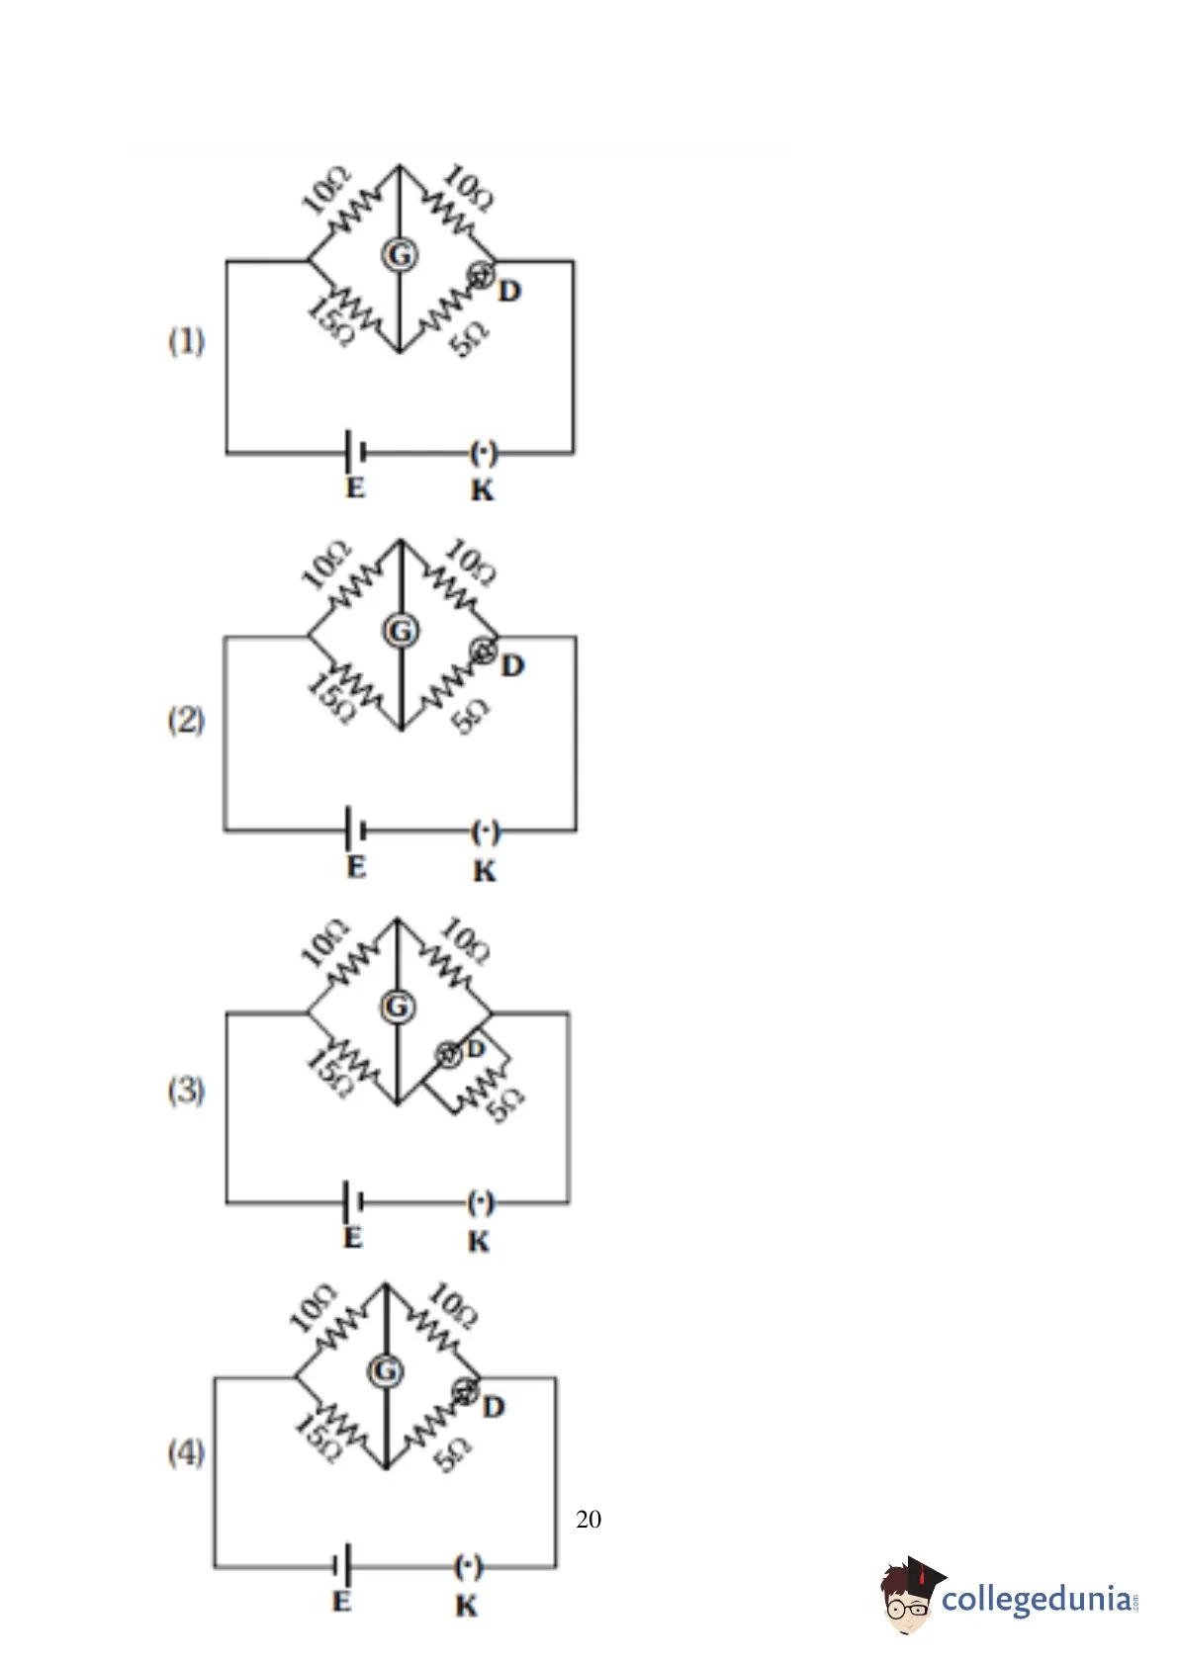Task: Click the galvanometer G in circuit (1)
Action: tap(400, 255)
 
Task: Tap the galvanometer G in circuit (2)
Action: tap(401, 631)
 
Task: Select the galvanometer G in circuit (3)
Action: tap(398, 1008)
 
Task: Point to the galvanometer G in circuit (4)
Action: tap(385, 1370)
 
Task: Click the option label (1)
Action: tap(186, 342)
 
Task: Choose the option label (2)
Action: tap(186, 720)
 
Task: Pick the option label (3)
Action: tap(186, 1091)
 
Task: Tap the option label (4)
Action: tap(186, 1452)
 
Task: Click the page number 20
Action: tap(589, 1519)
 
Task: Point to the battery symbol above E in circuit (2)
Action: tap(356, 828)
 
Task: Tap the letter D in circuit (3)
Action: tap(476, 1048)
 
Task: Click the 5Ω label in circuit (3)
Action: tap(504, 1103)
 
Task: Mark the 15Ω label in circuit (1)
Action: tap(329, 322)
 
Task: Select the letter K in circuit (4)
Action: tap(466, 1607)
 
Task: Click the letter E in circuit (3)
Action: tap(352, 1238)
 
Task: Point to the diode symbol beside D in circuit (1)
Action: tap(481, 275)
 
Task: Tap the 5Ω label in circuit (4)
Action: tap(452, 1454)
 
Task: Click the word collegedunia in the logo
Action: tap(1038, 1599)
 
